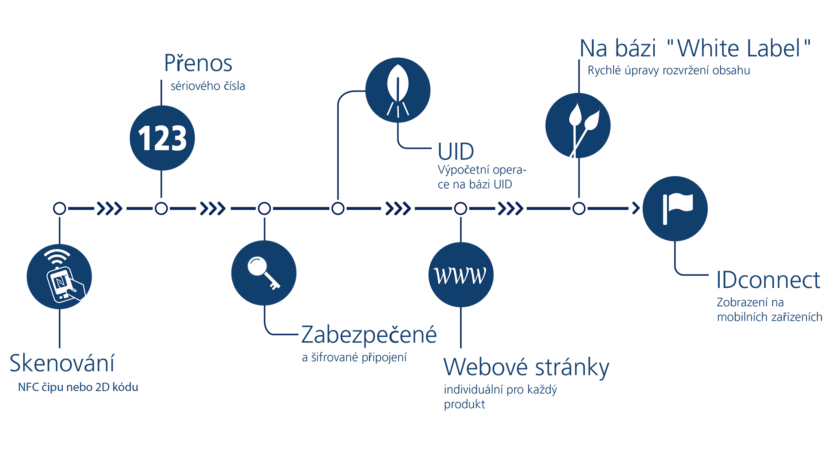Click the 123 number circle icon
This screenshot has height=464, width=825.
pyautogui.click(x=162, y=138)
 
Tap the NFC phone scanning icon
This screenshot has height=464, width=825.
pyautogui.click(x=59, y=276)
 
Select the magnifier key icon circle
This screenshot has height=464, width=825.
pyautogui.click(x=264, y=273)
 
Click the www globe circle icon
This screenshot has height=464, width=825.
pyautogui.click(x=461, y=275)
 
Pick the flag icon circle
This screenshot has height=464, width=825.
pyautogui.click(x=675, y=208)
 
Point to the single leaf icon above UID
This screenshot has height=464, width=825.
pyautogui.click(x=397, y=90)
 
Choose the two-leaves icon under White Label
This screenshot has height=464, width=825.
pyautogui.click(x=578, y=125)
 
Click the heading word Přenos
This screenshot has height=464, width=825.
pyautogui.click(x=198, y=63)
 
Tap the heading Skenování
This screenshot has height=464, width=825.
pyautogui.click(x=62, y=363)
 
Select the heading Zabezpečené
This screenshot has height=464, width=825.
pyautogui.click(x=369, y=335)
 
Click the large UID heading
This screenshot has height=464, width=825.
pyautogui.click(x=455, y=151)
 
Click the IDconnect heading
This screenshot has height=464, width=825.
pyautogui.click(x=768, y=280)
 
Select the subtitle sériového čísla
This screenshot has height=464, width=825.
pyautogui.click(x=208, y=86)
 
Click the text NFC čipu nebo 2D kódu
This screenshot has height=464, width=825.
pyautogui.click(x=78, y=387)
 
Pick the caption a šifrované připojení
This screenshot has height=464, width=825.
pyautogui.click(x=354, y=357)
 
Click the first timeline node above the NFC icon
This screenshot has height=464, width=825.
pyautogui.click(x=60, y=208)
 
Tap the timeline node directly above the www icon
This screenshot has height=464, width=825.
pyautogui.click(x=461, y=208)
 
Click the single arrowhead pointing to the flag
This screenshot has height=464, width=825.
pyautogui.click(x=636, y=208)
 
